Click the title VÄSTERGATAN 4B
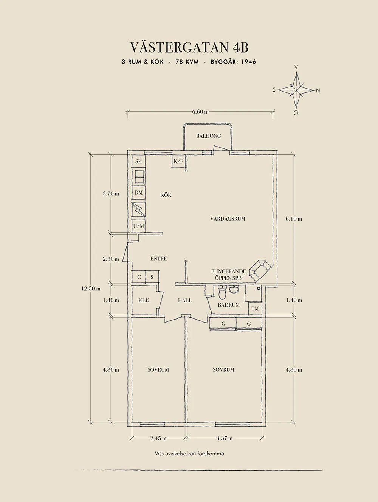point(189,47)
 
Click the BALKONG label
point(208,136)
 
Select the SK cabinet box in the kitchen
point(138,161)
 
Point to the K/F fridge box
point(178,162)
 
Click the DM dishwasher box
point(138,193)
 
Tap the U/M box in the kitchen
point(138,226)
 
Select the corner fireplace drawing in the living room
point(261,270)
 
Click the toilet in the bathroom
point(222,292)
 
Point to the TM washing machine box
point(255,309)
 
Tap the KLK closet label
point(144,301)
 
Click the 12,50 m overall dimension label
point(91,288)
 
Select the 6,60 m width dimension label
point(200,112)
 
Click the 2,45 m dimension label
point(158,438)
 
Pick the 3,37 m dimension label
point(224,438)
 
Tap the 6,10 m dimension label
point(294,219)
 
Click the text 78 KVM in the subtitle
point(187,62)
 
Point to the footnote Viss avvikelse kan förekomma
point(189,454)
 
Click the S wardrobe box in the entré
point(152,277)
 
